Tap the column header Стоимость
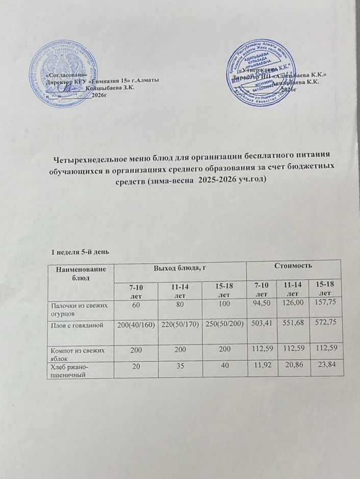coord(292,266)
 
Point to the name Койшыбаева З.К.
coord(110,88)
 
